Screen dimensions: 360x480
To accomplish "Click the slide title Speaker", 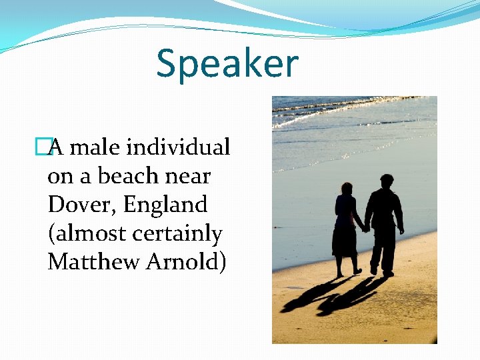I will tap(227, 63).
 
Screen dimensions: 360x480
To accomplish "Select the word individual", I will tap(179, 147).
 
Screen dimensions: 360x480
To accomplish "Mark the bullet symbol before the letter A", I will tap(44, 147).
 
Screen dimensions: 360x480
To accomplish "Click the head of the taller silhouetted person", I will tap(386, 181).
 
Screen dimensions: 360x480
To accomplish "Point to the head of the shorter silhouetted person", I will tap(346, 189).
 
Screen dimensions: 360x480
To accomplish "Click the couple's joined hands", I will tap(365, 229).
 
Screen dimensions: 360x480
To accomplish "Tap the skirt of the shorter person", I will tap(345, 243).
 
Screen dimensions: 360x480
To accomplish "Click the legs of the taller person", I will tap(382, 250).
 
